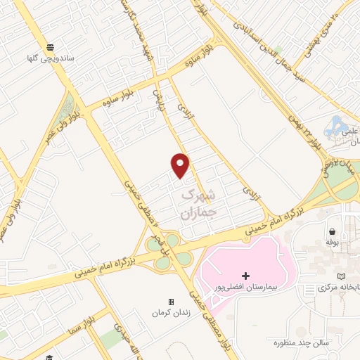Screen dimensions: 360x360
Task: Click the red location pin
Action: tap(181, 165)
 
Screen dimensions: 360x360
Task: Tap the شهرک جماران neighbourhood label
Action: tap(200, 202)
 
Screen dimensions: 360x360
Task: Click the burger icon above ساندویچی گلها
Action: tap(50, 47)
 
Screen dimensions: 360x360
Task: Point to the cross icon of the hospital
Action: tap(245, 275)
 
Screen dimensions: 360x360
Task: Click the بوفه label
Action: tap(333, 242)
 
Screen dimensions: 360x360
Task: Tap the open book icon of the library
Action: tap(342, 276)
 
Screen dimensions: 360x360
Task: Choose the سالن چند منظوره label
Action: tap(303, 342)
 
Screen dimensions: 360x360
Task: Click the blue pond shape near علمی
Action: tap(335, 127)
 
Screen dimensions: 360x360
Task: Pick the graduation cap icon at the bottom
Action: tap(50, 356)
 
